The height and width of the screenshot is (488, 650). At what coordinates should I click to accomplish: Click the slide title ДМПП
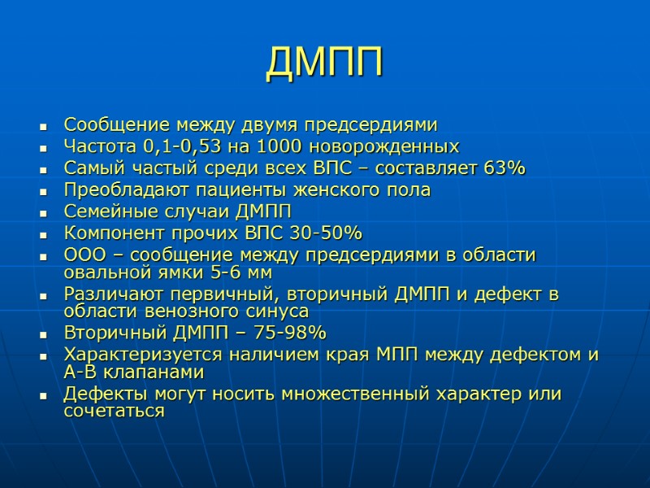click(324, 63)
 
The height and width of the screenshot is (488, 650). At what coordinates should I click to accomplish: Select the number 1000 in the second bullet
click(279, 147)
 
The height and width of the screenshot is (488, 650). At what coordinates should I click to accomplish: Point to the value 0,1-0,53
click(184, 147)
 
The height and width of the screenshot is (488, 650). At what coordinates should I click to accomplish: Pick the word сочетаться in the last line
click(114, 412)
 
